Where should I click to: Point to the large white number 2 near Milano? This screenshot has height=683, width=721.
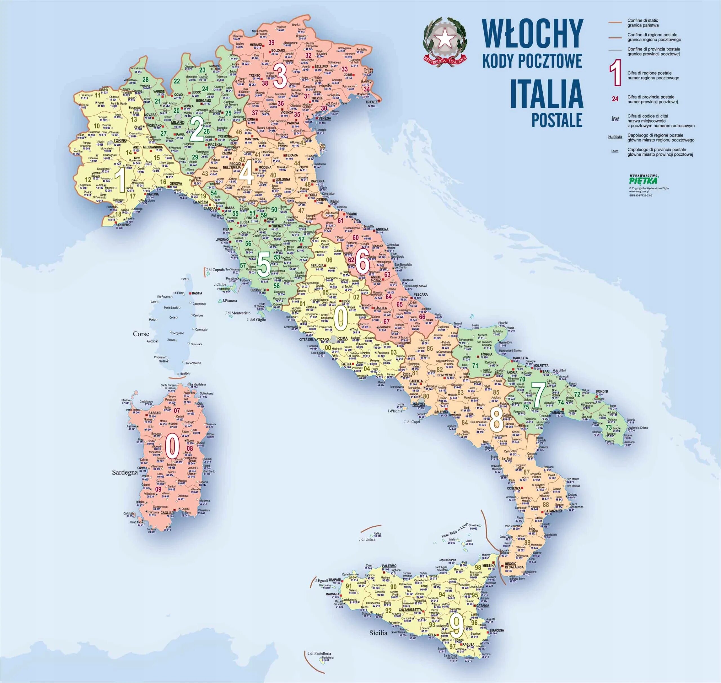coord(197,130)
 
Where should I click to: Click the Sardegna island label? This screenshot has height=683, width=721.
coord(125,472)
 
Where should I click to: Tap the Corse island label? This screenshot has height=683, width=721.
coord(141,334)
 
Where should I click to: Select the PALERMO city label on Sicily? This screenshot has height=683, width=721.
coord(389,566)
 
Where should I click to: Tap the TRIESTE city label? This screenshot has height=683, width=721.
coord(372,102)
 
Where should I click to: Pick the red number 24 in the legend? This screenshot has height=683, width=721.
coord(615,99)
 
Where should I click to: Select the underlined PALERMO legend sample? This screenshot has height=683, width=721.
coord(615,137)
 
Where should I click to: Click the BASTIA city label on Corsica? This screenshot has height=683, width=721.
coord(197,293)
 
